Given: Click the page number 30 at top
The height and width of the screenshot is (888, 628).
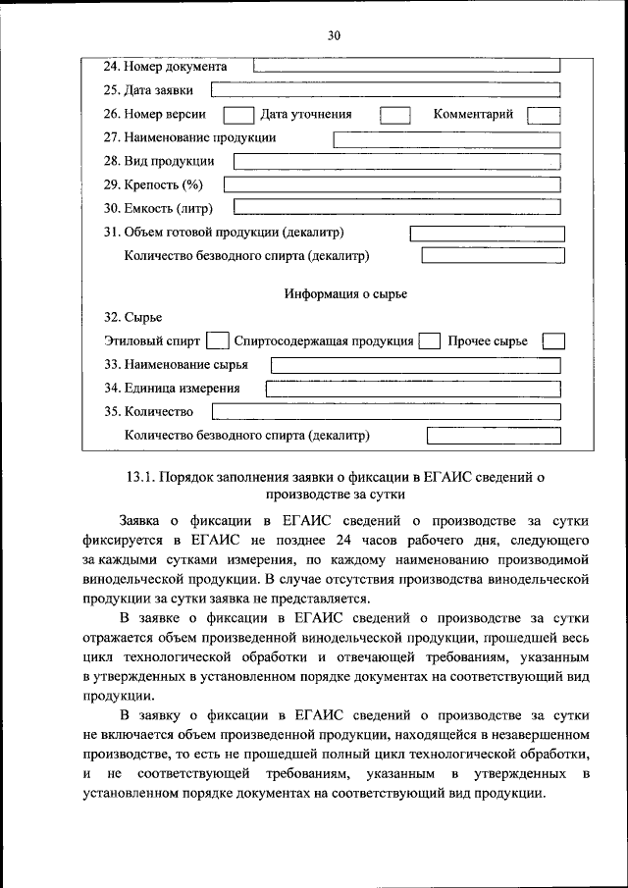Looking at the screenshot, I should (333, 35).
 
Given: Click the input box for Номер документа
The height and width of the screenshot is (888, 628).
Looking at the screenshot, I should (407, 67).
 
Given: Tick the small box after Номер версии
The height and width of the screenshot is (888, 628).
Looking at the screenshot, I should (238, 115).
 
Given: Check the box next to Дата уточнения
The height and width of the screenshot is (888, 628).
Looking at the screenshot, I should (394, 115).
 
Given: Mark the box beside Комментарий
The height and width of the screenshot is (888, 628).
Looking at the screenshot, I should (543, 115).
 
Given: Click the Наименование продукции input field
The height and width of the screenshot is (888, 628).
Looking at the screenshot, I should (447, 138).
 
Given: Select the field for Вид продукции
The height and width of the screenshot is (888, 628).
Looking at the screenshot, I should (396, 162).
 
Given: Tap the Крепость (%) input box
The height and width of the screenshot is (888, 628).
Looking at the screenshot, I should (392, 184).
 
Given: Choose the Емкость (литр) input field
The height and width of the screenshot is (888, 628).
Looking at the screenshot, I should (396, 208).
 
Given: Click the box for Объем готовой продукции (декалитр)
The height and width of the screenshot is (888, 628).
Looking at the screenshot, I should (487, 234).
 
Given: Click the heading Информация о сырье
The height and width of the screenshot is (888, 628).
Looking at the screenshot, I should (345, 293).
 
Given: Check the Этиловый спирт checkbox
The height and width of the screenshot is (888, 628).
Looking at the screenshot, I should (218, 341).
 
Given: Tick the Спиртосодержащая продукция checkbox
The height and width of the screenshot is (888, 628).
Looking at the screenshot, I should (429, 341).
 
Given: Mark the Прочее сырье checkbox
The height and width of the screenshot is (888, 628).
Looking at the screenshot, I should (553, 341).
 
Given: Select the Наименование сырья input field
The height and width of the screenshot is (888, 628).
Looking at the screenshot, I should (416, 365).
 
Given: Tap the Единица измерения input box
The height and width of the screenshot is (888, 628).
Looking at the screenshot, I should (413, 389).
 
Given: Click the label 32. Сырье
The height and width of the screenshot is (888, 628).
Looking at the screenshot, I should (132, 318).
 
